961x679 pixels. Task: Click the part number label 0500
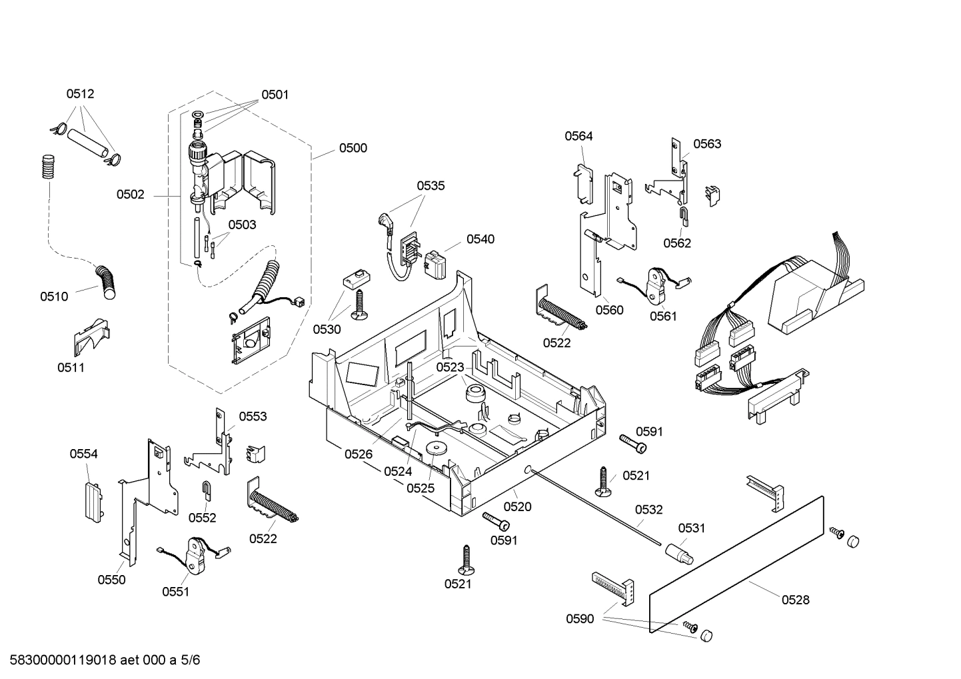pyautogui.click(x=353, y=148)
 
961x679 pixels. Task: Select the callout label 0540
pyautogui.click(x=480, y=239)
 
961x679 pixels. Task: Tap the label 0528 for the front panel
pyautogui.click(x=795, y=600)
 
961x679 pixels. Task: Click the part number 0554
pyautogui.click(x=83, y=454)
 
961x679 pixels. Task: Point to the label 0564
pyautogui.click(x=578, y=136)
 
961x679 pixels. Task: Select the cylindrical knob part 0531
pyautogui.click(x=678, y=552)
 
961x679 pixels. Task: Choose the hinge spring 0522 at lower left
pyautogui.click(x=273, y=506)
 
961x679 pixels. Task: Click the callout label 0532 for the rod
pyautogui.click(x=648, y=510)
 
